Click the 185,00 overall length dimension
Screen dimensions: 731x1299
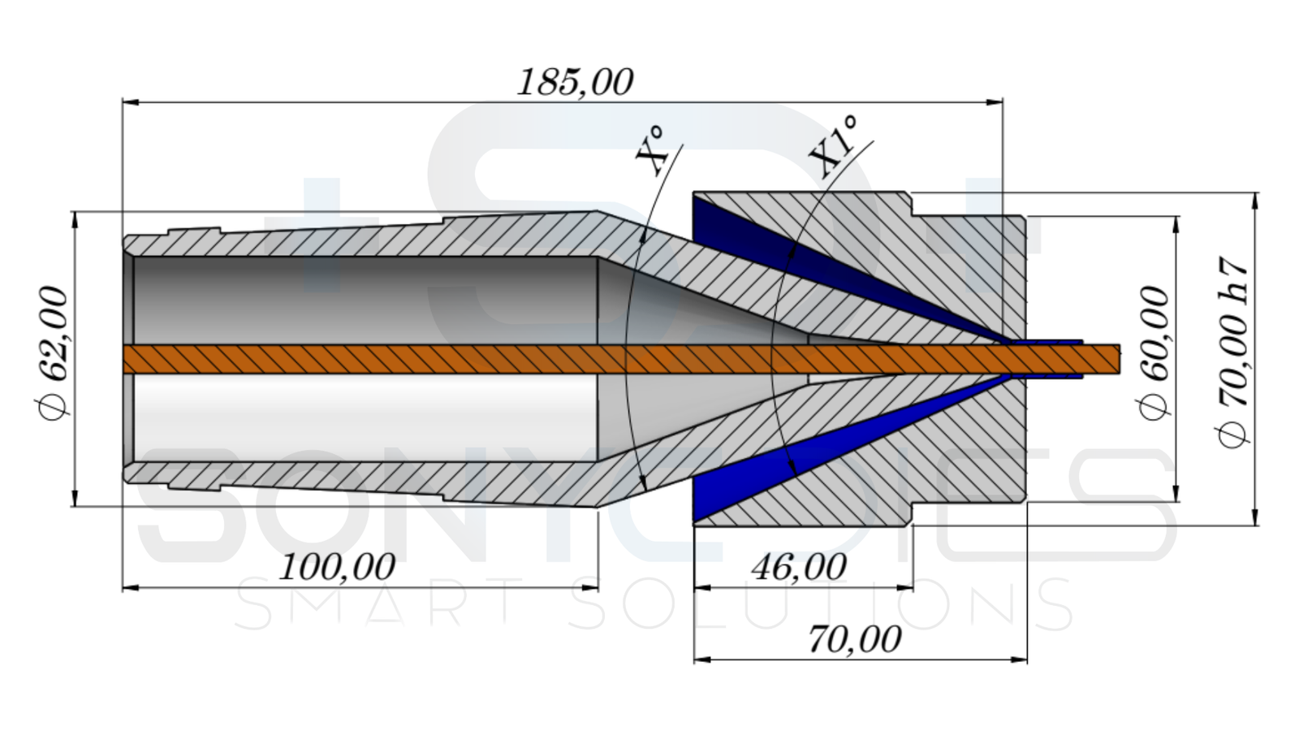click(x=575, y=82)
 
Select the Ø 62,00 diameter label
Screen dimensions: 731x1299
click(x=54, y=353)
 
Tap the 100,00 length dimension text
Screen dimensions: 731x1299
click(x=336, y=566)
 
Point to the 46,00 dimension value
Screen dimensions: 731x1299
click(x=799, y=566)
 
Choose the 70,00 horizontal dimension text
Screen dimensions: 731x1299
click(x=854, y=639)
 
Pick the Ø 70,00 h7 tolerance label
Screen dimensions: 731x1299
click(x=1232, y=353)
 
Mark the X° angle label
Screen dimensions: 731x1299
click(x=651, y=150)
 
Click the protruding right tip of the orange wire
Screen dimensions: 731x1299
click(x=1109, y=359)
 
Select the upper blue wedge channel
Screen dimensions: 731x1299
click(x=779, y=244)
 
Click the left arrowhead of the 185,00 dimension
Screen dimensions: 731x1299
click(x=130, y=102)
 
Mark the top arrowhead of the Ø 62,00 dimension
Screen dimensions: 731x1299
click(x=75, y=219)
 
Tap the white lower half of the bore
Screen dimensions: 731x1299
click(x=365, y=414)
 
